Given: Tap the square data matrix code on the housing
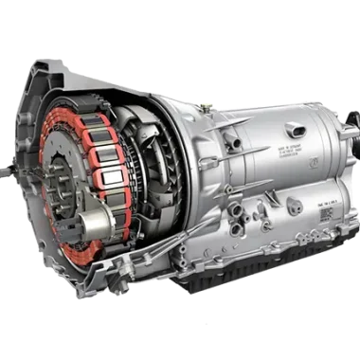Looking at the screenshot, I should pos(325,214).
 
